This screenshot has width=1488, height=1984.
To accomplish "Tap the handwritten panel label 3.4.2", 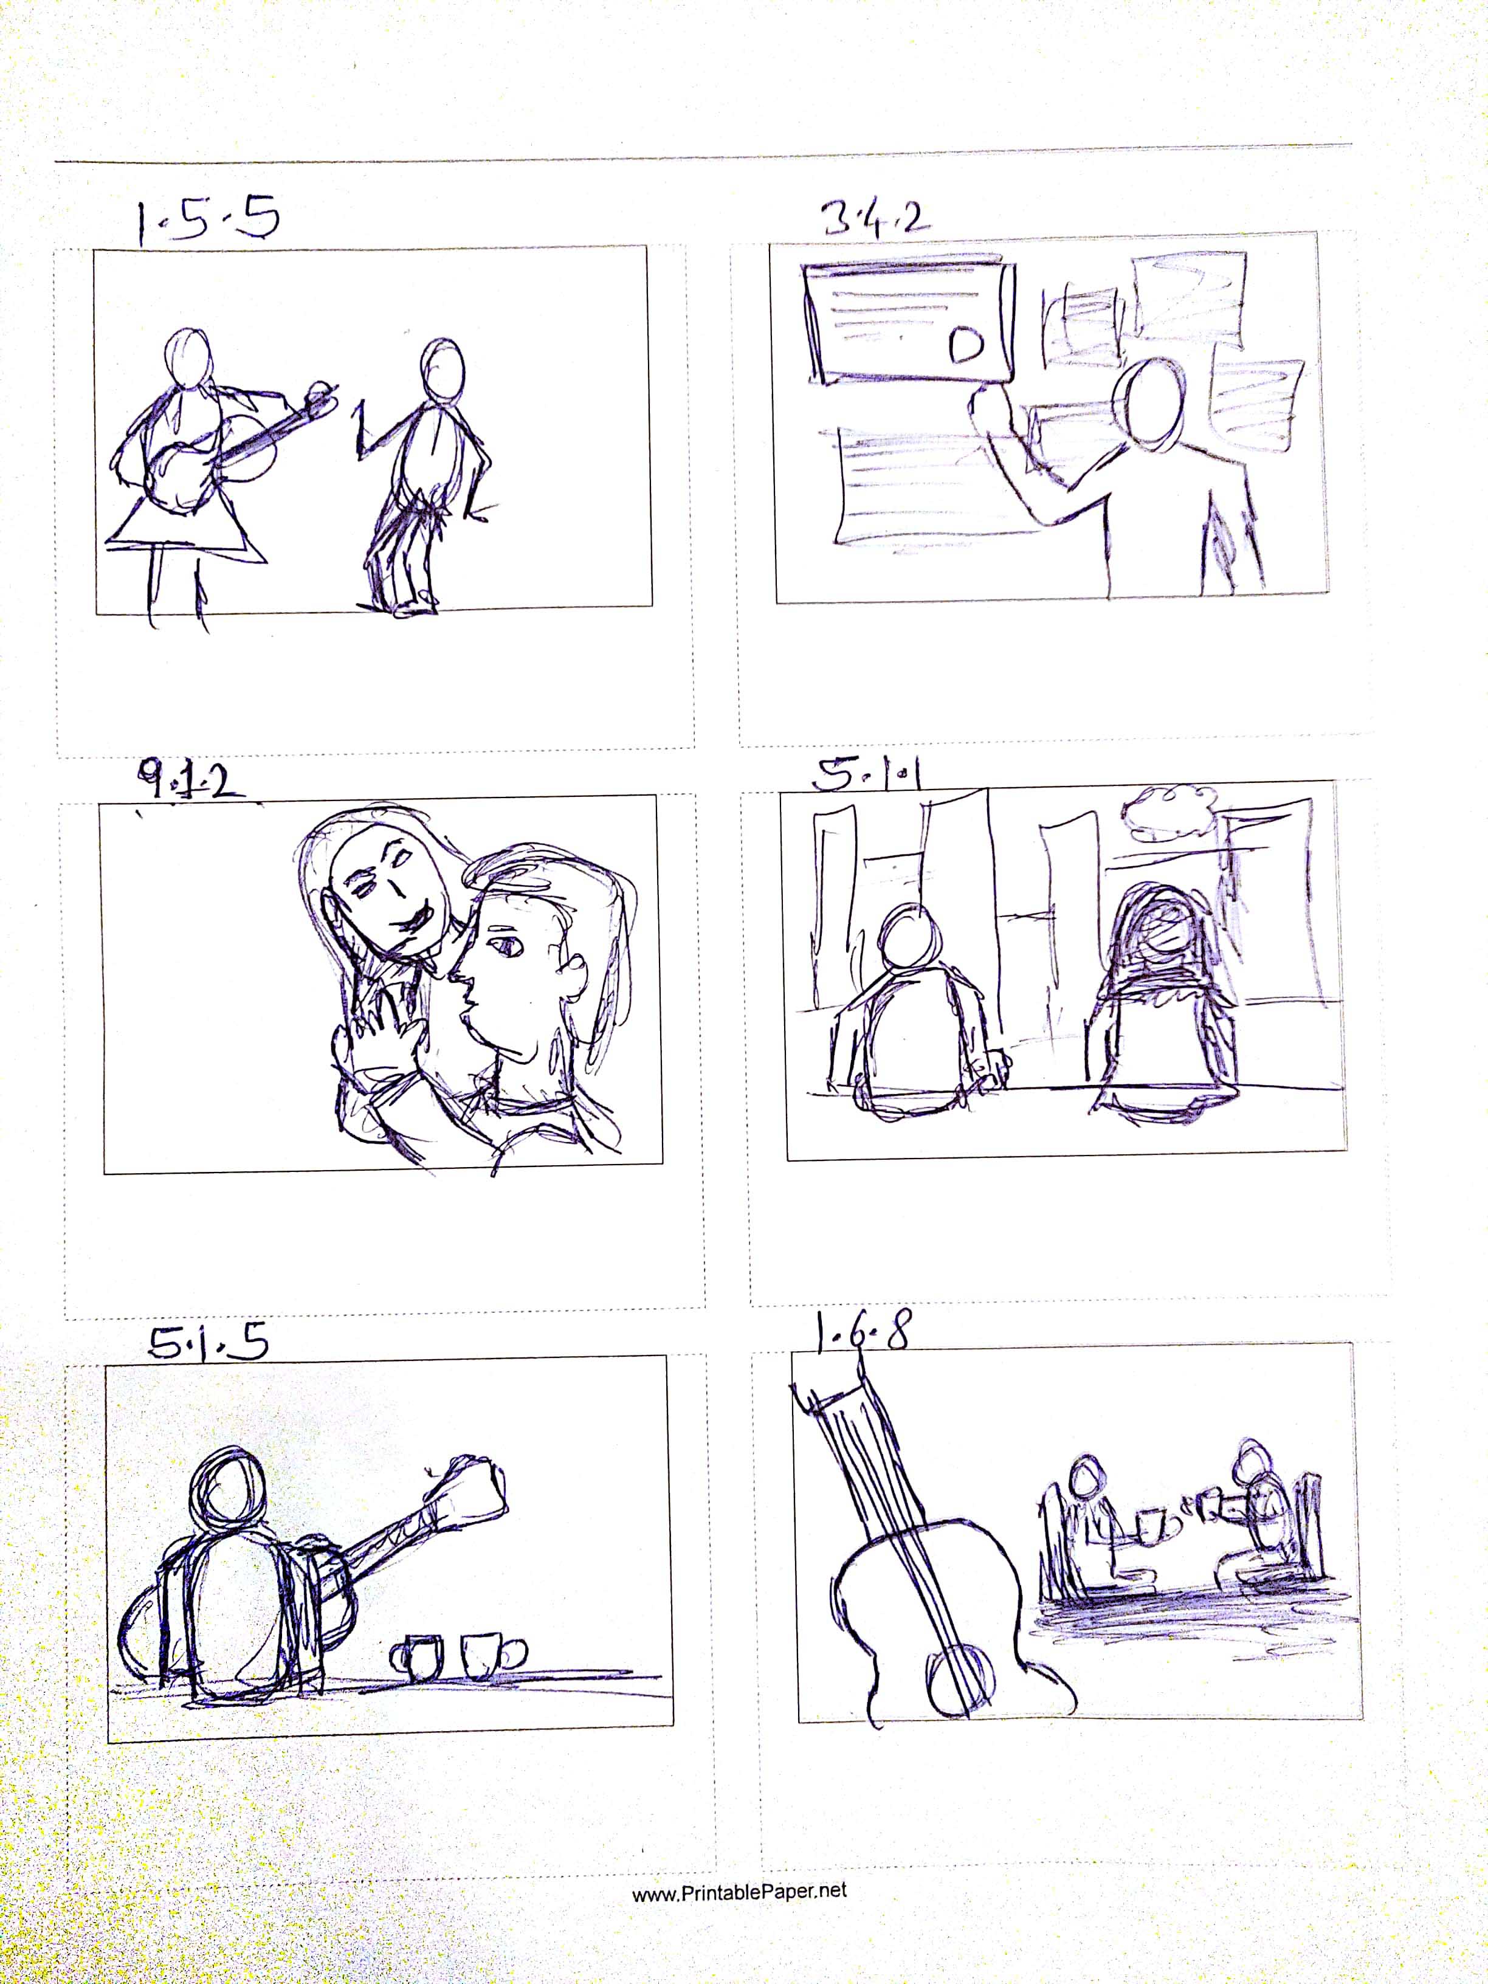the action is (875, 218).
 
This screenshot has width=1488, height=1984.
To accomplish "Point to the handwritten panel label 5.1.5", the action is (208, 1343).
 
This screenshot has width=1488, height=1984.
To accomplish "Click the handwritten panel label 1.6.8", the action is (862, 1334).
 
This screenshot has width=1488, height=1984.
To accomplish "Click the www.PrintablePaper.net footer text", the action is (739, 1890).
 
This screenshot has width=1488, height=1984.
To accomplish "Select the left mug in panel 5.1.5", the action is (418, 1656).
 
